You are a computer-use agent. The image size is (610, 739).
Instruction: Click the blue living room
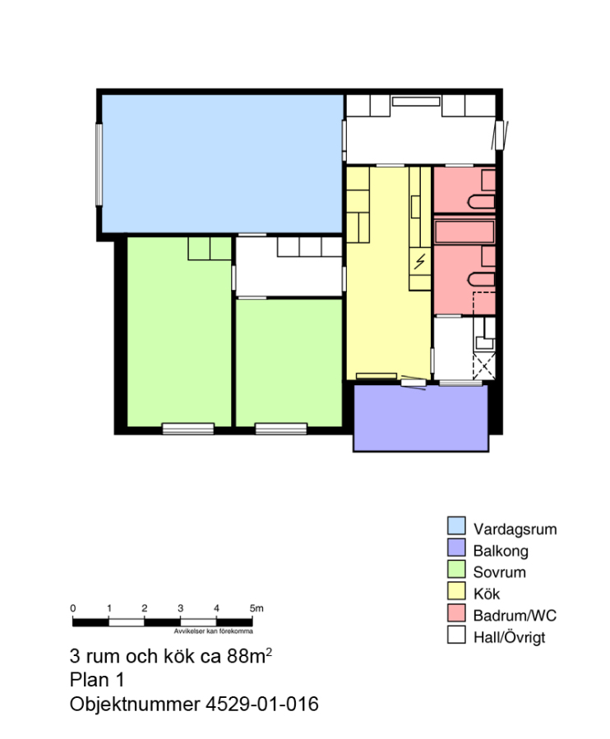pyautogui.click(x=222, y=163)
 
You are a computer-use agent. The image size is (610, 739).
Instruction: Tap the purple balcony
pyautogui.click(x=421, y=419)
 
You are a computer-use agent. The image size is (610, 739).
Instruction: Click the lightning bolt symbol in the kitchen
pyautogui.click(x=419, y=261)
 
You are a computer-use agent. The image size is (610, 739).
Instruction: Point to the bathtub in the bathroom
pyautogui.click(x=464, y=232)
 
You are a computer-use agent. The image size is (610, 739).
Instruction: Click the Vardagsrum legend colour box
pyautogui.click(x=456, y=526)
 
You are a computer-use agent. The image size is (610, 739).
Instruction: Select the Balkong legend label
pyautogui.click(x=501, y=550)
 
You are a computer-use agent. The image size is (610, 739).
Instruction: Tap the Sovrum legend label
pyautogui.click(x=499, y=572)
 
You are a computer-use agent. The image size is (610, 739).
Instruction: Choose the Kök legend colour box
pyautogui.click(x=456, y=591)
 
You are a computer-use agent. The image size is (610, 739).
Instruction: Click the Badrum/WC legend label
pyautogui.click(x=515, y=616)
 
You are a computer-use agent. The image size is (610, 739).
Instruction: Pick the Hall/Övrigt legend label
pyautogui.click(x=509, y=638)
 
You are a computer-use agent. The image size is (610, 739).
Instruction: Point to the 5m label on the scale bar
pyautogui.click(x=256, y=608)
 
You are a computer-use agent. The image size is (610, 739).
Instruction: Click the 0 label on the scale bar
pyautogui.click(x=72, y=608)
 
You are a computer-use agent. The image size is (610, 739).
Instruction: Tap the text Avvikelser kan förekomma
pyautogui.click(x=213, y=631)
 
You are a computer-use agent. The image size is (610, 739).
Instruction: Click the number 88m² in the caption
pyautogui.click(x=249, y=655)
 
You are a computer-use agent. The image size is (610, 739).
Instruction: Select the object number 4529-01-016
pyautogui.click(x=261, y=705)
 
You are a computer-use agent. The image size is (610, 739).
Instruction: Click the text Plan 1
pyautogui.click(x=97, y=680)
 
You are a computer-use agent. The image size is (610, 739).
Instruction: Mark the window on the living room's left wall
pyautogui.click(x=99, y=164)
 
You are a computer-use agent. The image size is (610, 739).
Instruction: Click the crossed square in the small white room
pyautogui.click(x=484, y=366)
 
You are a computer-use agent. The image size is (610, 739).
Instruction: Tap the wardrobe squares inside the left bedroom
pyautogui.click(x=210, y=248)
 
